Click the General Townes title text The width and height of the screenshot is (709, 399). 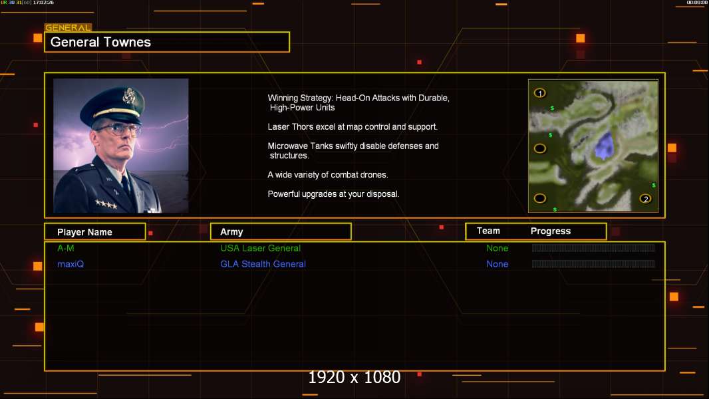[x=100, y=42]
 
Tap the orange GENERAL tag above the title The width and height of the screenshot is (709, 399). [x=69, y=27]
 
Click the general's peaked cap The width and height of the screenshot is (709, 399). [x=113, y=104]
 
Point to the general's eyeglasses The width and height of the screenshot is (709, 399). [x=118, y=129]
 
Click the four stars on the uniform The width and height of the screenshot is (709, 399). [x=106, y=204]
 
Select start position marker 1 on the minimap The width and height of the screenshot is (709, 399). [x=540, y=93]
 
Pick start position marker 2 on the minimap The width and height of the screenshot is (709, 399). [x=646, y=198]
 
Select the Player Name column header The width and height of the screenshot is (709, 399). [x=84, y=232]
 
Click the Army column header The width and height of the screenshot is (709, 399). [x=231, y=232]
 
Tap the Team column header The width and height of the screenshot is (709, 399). [x=488, y=231]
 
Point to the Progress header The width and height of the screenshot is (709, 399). [x=551, y=231]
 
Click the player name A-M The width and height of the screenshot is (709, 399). [x=66, y=248]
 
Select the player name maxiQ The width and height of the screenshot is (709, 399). [x=71, y=264]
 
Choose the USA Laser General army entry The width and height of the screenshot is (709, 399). [x=261, y=248]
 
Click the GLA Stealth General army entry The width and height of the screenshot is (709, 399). [x=263, y=264]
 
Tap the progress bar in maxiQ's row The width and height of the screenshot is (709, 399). [x=593, y=264]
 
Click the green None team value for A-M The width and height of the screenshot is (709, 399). [x=497, y=248]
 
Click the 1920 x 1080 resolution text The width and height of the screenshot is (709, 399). [x=354, y=377]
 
